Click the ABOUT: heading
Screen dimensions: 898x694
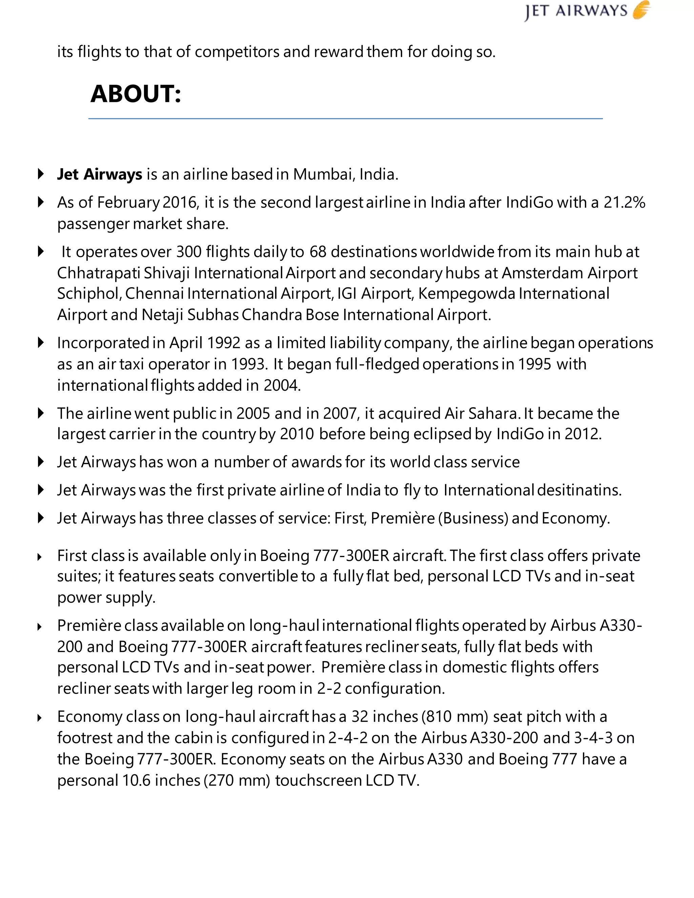[136, 94]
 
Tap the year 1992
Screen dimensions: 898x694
[224, 343]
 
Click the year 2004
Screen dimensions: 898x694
[282, 386]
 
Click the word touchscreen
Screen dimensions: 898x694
[319, 780]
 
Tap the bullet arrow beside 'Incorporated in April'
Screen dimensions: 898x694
[41, 343]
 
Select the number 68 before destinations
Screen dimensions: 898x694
[318, 252]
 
